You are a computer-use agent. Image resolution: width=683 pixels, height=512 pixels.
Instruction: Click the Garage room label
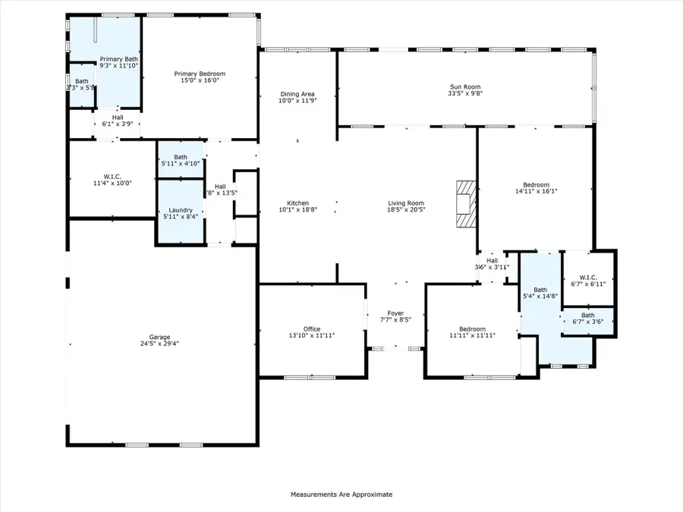159,337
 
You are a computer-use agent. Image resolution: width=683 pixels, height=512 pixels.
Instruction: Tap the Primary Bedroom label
200,74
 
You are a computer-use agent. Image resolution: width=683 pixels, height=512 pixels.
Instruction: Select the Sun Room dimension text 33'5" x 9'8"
465,95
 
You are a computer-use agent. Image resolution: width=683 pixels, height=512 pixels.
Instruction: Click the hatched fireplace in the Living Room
464,203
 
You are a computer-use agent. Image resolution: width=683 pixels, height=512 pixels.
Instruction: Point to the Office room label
312,328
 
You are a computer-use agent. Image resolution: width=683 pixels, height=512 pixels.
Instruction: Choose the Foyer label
395,313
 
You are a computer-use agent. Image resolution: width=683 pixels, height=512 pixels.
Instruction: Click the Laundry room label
180,210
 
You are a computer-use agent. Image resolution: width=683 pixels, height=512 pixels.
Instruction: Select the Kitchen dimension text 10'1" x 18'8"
297,210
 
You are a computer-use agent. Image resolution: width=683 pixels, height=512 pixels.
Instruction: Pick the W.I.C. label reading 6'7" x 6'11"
587,275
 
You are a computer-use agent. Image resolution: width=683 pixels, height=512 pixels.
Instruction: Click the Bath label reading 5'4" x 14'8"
540,289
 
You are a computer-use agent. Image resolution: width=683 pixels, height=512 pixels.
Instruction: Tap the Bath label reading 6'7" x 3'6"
587,315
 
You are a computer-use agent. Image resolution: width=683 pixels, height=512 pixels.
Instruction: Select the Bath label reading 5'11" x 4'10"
180,157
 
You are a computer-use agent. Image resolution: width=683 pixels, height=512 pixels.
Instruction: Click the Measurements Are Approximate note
341,494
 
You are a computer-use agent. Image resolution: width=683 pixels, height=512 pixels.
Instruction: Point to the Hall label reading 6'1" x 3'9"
118,118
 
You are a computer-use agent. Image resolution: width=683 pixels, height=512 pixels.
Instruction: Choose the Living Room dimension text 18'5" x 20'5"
406,210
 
